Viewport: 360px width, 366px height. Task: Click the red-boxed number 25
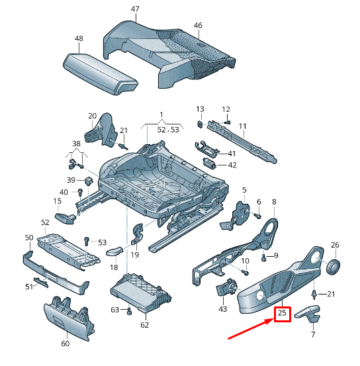[x=283, y=313]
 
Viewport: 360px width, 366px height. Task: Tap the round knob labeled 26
[x=334, y=266]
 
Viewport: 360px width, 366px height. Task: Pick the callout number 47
[x=135, y=9]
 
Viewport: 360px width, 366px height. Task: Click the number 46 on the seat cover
[x=198, y=25]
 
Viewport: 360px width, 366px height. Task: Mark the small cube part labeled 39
[x=87, y=180]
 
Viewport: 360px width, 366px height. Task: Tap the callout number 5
[x=244, y=190]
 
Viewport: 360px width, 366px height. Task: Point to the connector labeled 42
[x=210, y=164]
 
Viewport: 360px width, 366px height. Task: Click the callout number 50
[x=29, y=237]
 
